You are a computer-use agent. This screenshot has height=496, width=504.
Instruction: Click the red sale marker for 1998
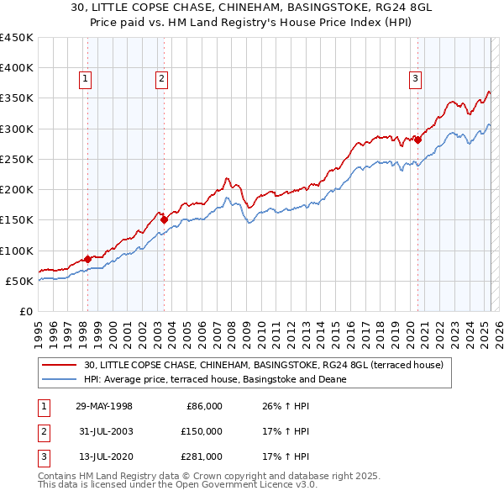[87, 259]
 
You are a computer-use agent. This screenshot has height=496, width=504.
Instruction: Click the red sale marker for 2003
[164, 219]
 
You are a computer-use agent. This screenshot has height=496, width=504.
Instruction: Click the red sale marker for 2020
[417, 140]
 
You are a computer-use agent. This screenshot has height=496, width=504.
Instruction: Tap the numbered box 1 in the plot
[86, 80]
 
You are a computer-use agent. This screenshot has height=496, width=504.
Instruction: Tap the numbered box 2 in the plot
[161, 80]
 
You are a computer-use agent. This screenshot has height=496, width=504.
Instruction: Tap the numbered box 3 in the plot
[415, 80]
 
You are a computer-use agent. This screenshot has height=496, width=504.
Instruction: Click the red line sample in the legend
[60, 365]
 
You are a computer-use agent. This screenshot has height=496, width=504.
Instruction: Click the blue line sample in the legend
[60, 379]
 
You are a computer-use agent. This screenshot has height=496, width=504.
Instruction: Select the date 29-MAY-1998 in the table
[104, 406]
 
